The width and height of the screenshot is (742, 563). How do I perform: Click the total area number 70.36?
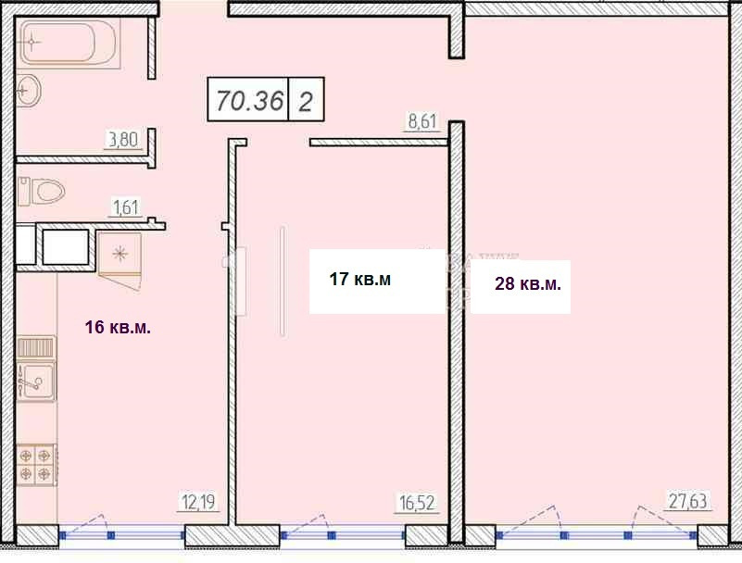pos(250,100)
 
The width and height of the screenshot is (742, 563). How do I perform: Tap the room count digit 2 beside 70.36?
pos(305,101)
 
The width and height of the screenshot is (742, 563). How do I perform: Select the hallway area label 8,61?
pos(421,121)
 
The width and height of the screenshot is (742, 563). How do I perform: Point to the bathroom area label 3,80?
pos(123,140)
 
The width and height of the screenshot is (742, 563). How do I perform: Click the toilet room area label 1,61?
pos(126,207)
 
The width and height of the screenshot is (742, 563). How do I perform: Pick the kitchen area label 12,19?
pos(199,502)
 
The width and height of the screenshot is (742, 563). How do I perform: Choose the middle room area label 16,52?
pos(417,503)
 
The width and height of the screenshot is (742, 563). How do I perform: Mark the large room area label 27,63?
pos(688,501)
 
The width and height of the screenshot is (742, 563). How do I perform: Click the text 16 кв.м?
pos(118,327)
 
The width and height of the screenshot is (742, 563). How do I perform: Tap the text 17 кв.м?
pos(360,279)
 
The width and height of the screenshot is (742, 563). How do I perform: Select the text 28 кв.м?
pos(528,284)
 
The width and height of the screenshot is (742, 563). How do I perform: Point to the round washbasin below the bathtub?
pos(29,90)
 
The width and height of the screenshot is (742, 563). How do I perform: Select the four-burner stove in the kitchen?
pos(37,465)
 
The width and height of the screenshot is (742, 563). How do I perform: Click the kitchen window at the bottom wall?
pos(122,535)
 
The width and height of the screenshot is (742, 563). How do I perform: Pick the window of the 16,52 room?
pos(343,535)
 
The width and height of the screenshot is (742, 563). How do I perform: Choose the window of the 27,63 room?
pos(597,535)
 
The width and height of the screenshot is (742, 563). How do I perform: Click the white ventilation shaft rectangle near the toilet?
pos(66,247)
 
